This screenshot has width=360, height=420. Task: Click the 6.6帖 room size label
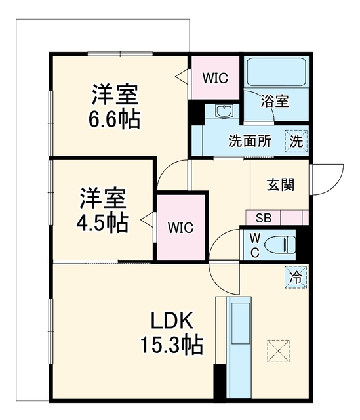(x=114, y=118)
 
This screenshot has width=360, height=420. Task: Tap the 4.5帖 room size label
(x=102, y=222)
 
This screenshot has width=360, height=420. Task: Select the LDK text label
(x=172, y=320)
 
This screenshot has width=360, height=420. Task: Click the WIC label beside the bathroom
(x=215, y=78)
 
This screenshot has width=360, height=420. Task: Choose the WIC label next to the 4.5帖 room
(x=180, y=228)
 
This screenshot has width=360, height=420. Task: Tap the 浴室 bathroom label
(x=275, y=101)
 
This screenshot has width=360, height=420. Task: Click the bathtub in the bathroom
(x=276, y=72)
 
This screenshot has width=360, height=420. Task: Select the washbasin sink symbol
(x=224, y=111)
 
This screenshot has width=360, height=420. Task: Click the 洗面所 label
(x=250, y=140)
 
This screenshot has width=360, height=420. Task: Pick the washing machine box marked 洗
(x=296, y=141)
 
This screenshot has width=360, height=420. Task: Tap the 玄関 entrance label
(x=281, y=184)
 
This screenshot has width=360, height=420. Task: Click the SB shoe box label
(x=264, y=218)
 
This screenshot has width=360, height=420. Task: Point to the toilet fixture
(x=280, y=245)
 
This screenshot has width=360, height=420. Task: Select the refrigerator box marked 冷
(x=296, y=277)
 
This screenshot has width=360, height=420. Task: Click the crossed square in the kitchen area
(x=279, y=351)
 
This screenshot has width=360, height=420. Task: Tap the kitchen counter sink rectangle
(x=241, y=323)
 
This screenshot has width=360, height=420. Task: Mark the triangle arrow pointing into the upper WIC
(x=182, y=77)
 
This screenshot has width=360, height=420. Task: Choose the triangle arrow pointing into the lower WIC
(x=148, y=220)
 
